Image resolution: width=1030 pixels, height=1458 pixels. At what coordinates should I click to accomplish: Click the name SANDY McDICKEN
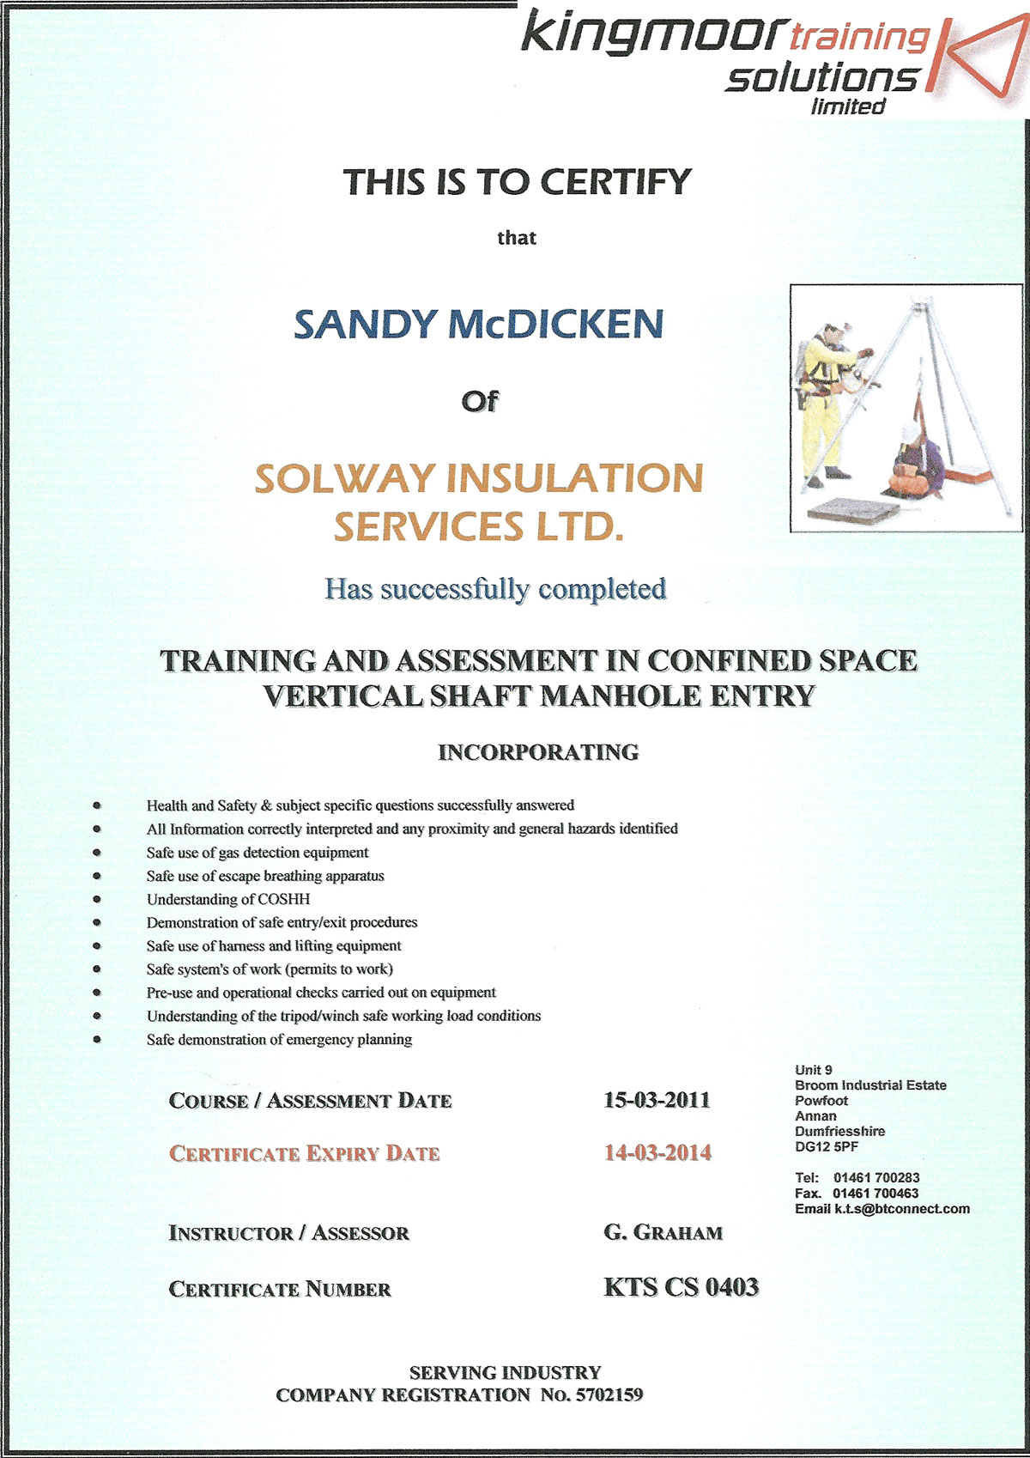[478, 324]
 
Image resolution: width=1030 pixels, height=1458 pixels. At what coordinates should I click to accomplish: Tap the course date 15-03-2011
[657, 1100]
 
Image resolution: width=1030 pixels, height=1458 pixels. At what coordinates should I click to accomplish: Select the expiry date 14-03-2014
[657, 1152]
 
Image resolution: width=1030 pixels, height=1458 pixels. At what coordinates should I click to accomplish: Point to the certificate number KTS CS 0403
[681, 1287]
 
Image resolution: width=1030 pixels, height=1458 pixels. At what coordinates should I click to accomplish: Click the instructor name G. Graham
[663, 1233]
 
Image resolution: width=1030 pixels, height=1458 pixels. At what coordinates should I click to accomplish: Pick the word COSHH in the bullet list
[283, 899]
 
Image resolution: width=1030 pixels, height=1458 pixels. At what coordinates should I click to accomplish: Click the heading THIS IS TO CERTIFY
[517, 182]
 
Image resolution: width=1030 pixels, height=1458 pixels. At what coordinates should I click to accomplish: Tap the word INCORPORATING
[538, 752]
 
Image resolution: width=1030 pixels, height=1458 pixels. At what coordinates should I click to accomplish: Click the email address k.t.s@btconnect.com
[901, 1209]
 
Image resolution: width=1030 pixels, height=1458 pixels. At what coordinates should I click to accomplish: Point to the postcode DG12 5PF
[827, 1146]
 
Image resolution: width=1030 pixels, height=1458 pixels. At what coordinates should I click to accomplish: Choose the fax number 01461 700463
[875, 1194]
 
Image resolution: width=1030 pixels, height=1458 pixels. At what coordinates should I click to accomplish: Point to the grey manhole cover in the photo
[853, 510]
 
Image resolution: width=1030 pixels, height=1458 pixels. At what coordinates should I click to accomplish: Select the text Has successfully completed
[495, 589]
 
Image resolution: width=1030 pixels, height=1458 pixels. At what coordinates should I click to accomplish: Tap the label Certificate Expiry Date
[304, 1153]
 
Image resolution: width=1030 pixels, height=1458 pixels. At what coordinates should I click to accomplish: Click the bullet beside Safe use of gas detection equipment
[97, 853]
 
